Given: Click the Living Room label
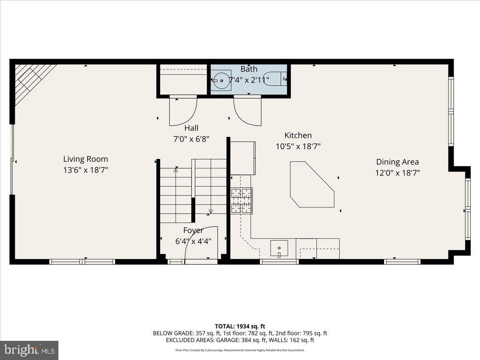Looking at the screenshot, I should point(86,159).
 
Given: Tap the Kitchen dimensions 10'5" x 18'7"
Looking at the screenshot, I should point(298,146).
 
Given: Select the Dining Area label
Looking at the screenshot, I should point(397,162).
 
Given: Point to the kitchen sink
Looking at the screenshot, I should point(279,248).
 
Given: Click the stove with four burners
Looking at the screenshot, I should point(242,201).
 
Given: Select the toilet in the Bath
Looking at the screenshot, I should point(277,79).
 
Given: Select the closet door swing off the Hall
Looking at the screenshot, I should point(183,111).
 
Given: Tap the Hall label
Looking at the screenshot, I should point(191,128).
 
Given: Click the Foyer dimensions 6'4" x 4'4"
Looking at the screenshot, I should point(193,241).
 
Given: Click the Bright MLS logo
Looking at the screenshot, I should point(29,350).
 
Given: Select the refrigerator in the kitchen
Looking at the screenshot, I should point(243,158).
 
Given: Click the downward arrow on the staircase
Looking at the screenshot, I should point(211,211).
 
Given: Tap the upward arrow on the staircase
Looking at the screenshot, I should point(176,170).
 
